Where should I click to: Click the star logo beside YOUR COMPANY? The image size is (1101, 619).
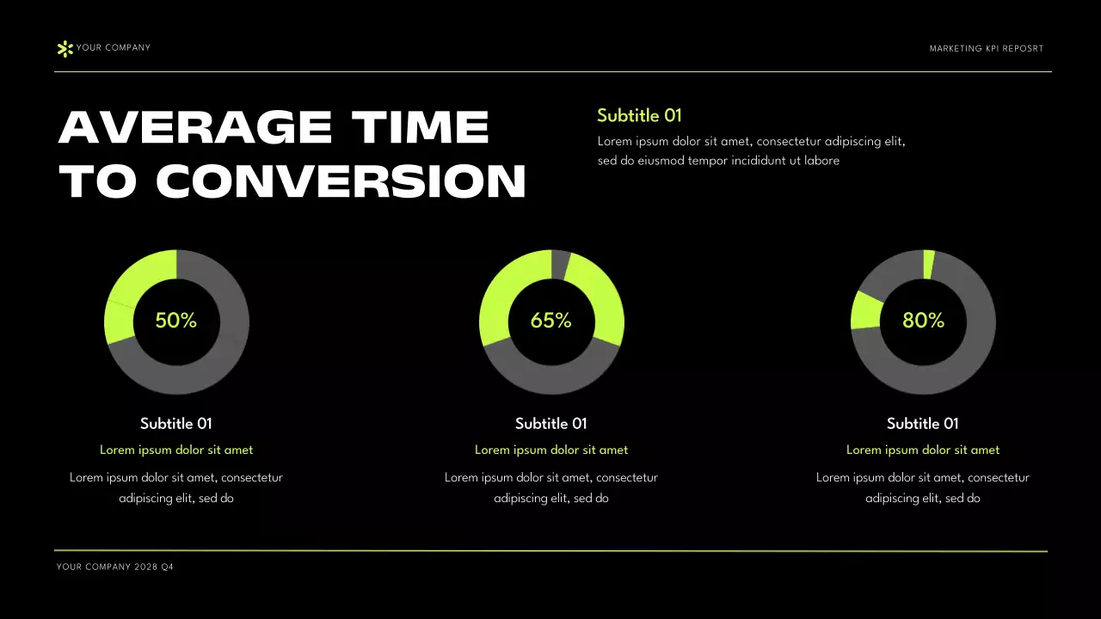pyautogui.click(x=65, y=49)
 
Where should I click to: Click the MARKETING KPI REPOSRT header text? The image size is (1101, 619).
pyautogui.click(x=986, y=49)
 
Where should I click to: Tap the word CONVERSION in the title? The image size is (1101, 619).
pyautogui.click(x=341, y=181)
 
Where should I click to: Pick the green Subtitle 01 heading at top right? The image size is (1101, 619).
pyautogui.click(x=639, y=115)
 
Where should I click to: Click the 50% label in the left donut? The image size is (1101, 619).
pyautogui.click(x=176, y=321)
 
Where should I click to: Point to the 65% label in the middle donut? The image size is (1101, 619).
pyautogui.click(x=551, y=321)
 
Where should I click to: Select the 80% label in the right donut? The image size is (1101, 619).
pyautogui.click(x=923, y=321)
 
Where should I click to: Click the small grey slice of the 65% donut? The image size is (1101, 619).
pyautogui.click(x=560, y=264)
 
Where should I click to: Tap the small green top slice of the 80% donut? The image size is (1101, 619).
pyautogui.click(x=928, y=264)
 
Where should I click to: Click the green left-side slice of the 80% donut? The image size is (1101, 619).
pyautogui.click(x=866, y=310)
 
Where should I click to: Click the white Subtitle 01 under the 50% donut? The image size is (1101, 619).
pyautogui.click(x=176, y=423)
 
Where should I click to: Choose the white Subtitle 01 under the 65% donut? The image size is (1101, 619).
pyautogui.click(x=551, y=423)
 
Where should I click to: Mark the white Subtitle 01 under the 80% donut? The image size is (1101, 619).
pyautogui.click(x=923, y=423)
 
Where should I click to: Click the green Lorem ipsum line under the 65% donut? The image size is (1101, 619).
pyautogui.click(x=551, y=450)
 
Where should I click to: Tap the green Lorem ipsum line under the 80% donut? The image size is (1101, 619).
pyautogui.click(x=923, y=450)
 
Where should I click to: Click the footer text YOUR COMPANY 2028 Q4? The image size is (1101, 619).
pyautogui.click(x=115, y=567)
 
